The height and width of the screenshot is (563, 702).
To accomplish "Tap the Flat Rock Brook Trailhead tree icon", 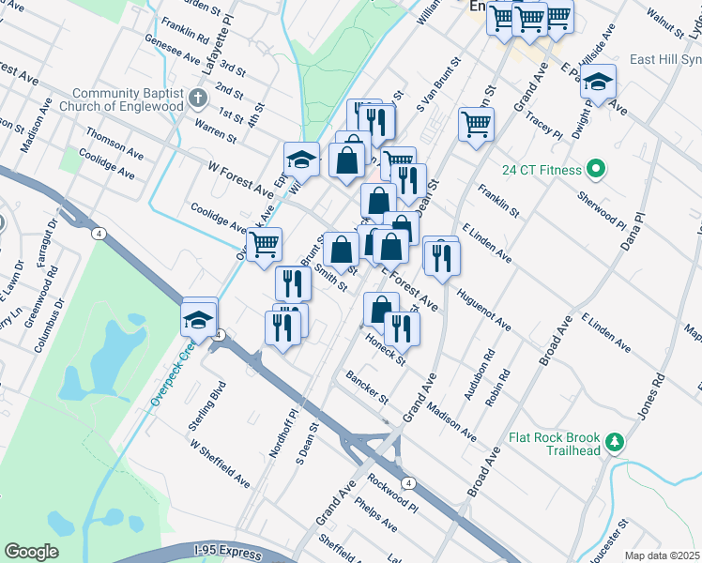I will click(x=615, y=440).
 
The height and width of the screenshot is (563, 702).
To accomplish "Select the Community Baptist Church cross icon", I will click(x=197, y=97).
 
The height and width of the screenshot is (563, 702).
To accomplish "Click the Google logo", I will click(x=31, y=551).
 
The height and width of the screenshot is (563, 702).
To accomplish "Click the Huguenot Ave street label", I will click(x=483, y=309).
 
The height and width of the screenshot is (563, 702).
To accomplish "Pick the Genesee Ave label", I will click(x=170, y=54).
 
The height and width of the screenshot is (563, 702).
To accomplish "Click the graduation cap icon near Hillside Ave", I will click(x=598, y=82).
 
